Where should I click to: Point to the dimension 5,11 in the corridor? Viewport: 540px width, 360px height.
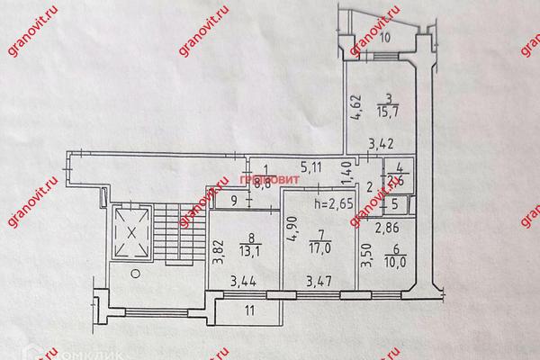[310, 165]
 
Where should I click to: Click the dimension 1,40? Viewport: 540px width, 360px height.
[345, 168]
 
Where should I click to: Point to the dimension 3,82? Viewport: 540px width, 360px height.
[216, 248]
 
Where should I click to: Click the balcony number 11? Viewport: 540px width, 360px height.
[249, 312]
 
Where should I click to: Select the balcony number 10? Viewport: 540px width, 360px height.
[384, 38]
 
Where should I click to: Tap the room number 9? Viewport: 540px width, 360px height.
[233, 200]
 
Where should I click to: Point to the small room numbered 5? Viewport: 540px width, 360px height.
[393, 204]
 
